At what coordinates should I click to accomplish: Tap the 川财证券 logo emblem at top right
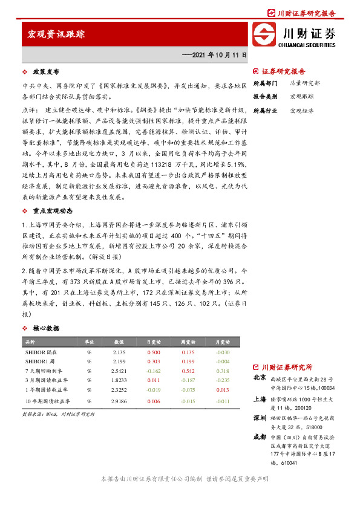click(263, 34)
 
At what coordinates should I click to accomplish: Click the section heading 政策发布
click(44, 71)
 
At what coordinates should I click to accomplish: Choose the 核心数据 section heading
click(46, 328)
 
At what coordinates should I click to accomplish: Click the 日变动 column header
click(153, 342)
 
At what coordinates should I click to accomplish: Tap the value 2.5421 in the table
click(119, 371)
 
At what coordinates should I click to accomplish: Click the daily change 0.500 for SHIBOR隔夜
click(154, 351)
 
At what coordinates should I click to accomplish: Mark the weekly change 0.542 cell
click(188, 371)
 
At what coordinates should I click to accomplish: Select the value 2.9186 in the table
click(119, 400)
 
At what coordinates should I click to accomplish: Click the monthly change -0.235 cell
click(223, 380)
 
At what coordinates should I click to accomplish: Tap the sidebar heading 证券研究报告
click(283, 71)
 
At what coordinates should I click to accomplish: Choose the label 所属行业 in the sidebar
click(264, 111)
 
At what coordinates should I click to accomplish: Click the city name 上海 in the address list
click(259, 400)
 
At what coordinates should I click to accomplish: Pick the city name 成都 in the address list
click(259, 436)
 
